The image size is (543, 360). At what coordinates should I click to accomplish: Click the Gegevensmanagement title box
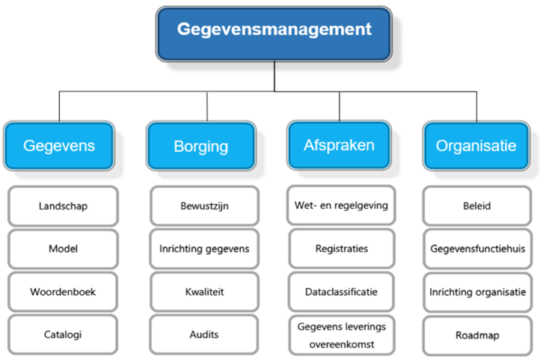274,34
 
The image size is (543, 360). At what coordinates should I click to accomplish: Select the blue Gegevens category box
59,146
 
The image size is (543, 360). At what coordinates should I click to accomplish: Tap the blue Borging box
201,146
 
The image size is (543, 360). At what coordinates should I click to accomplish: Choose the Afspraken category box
340,145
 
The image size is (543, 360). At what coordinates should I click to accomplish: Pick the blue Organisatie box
476,146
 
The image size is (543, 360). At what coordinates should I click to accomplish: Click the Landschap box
63,206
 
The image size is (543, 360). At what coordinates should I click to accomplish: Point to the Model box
63,248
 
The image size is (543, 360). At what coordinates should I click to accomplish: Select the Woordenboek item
63,292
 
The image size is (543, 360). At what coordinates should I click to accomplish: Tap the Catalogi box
63,335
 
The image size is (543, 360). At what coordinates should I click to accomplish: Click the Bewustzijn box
204,206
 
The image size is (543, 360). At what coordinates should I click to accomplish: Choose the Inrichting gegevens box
204,248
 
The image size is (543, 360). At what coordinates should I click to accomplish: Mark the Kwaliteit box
204,292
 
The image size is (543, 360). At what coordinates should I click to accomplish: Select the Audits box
204,335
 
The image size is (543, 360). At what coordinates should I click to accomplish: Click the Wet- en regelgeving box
341,205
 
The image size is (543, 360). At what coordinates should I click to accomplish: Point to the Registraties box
342,248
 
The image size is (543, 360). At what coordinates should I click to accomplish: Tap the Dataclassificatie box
342,292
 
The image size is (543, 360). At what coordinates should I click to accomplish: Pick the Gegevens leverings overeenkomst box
342,335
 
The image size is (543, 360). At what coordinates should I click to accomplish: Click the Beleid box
477,206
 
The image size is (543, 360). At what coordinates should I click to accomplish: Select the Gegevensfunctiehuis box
477,248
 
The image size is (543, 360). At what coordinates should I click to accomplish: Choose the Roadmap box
477,335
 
